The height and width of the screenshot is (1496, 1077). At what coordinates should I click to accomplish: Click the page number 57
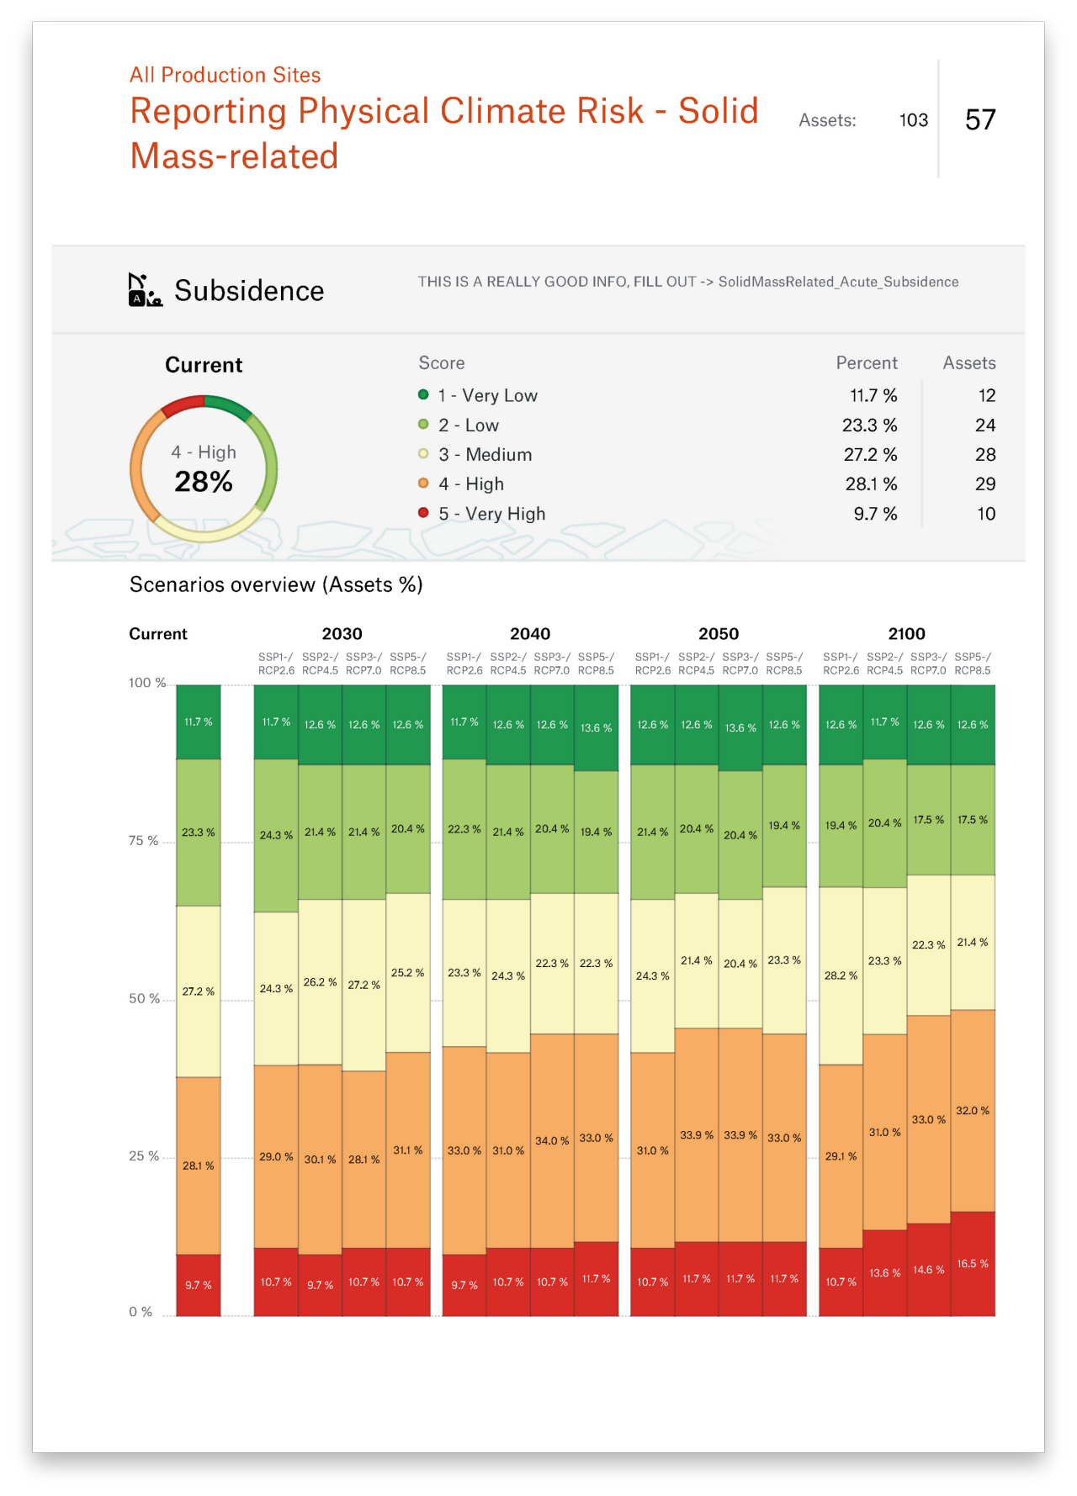point(980,120)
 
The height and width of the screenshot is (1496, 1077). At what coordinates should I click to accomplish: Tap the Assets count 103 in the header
point(913,120)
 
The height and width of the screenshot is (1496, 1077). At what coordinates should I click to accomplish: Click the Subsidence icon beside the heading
point(145,290)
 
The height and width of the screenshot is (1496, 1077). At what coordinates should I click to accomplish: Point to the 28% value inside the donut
point(204,482)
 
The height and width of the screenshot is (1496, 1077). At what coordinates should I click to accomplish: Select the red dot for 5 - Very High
point(423,513)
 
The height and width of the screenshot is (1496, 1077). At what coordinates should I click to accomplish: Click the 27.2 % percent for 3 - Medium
point(870,455)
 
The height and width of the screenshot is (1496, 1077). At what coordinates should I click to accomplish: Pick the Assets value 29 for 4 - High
point(984,484)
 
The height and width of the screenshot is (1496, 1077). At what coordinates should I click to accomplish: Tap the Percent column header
point(866,363)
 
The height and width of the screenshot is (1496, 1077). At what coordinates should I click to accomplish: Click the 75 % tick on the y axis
point(143,841)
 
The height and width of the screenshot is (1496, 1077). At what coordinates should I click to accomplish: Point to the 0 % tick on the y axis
point(141,1312)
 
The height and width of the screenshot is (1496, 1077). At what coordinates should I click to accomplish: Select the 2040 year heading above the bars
point(529,634)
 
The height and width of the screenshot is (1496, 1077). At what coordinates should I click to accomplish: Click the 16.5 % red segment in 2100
point(973,1264)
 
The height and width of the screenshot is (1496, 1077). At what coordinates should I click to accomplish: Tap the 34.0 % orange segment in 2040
point(552,1141)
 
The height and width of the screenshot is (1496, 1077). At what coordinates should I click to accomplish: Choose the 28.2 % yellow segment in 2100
point(841,975)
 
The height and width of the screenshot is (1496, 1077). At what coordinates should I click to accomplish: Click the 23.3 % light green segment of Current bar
point(199,833)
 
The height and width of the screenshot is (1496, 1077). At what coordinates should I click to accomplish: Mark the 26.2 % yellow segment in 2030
point(320,982)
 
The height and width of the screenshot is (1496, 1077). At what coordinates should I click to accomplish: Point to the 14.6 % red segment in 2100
point(929,1270)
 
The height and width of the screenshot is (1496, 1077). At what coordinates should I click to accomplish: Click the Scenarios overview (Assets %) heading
point(276,585)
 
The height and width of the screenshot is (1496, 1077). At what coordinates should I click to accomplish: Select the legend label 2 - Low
point(468,426)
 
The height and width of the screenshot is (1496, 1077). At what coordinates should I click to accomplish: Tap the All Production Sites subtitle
point(225,76)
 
